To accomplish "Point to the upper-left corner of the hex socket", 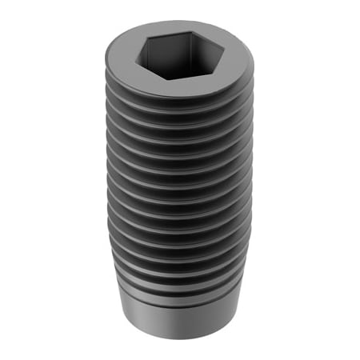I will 152,38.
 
